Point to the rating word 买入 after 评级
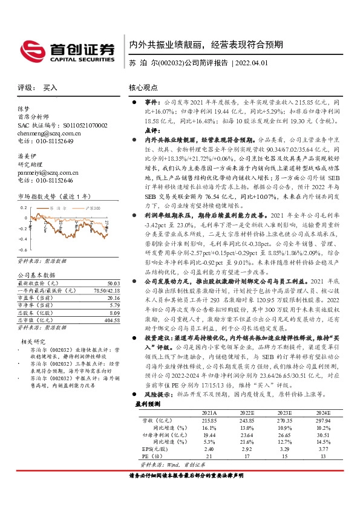click(x=50, y=88)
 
